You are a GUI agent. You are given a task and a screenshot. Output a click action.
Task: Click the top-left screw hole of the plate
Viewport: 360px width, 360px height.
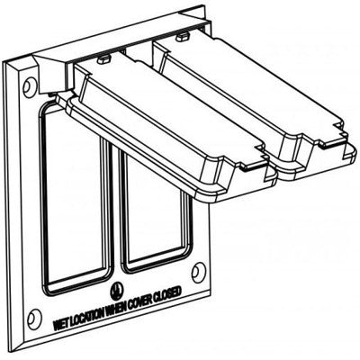point(29,87)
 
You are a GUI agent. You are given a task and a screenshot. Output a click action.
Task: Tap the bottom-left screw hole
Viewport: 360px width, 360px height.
point(33,318)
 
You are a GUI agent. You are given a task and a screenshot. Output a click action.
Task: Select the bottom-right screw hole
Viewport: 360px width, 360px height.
point(198,272)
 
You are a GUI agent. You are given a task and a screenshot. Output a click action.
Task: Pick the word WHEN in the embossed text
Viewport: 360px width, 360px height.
point(114,308)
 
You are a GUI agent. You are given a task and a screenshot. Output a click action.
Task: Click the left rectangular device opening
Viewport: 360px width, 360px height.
point(74,198)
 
